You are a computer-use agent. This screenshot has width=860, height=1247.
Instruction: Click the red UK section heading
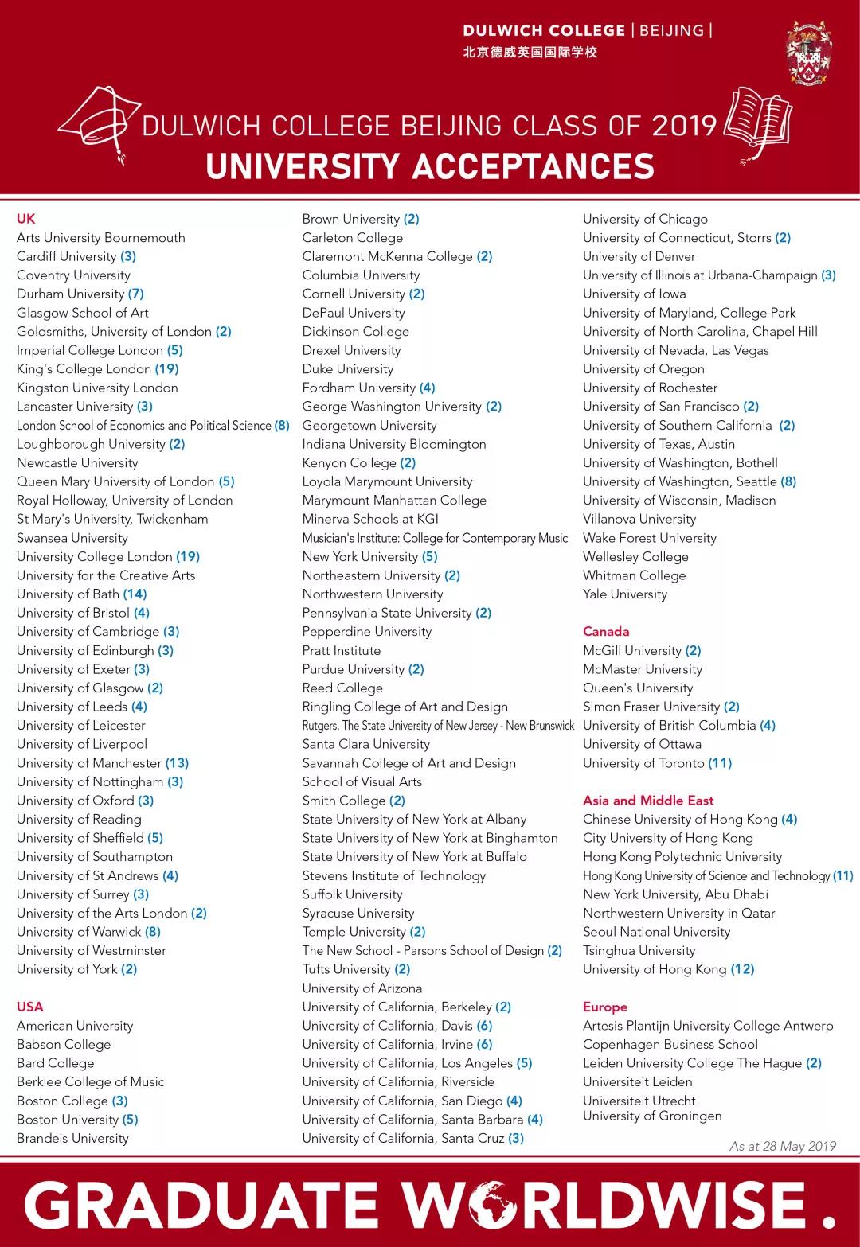(26, 219)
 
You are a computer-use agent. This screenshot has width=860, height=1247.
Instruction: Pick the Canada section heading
(606, 632)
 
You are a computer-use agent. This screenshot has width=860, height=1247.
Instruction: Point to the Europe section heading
(605, 1007)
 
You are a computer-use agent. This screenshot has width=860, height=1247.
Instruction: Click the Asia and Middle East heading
(648, 801)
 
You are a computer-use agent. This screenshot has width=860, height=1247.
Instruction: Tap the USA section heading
(30, 1007)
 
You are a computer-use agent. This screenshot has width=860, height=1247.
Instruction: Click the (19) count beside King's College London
(166, 369)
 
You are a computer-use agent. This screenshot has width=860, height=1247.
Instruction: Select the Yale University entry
(625, 594)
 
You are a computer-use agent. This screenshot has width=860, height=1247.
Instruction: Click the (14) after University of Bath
(135, 594)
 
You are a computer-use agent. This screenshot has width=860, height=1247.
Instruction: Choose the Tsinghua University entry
(639, 950)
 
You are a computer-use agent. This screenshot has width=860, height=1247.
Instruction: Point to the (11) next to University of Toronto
(720, 763)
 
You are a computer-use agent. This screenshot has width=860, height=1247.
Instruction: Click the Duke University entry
(348, 369)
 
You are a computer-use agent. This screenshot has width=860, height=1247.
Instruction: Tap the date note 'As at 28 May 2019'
(783, 1146)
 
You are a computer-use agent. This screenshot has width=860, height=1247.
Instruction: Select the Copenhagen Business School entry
(670, 1044)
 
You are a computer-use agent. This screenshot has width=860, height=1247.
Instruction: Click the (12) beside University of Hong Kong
(742, 969)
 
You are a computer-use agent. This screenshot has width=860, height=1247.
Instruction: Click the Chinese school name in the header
(530, 53)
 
